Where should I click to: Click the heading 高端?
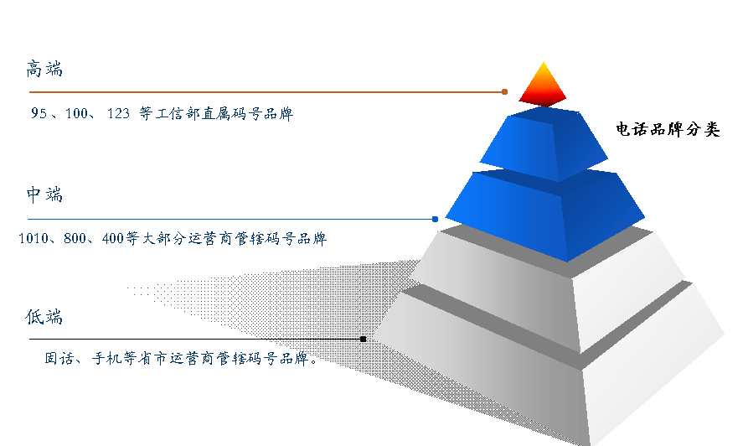pyautogui.click(x=44, y=69)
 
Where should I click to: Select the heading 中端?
pyautogui.click(x=44, y=194)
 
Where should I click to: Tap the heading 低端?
pyautogui.click(x=44, y=316)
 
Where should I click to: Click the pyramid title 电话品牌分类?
pyautogui.click(x=668, y=129)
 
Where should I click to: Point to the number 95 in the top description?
pyautogui.click(x=39, y=113)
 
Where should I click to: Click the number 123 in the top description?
pyautogui.click(x=118, y=113)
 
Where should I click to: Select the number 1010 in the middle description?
pyautogui.click(x=34, y=238)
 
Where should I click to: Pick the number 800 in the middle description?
pyautogui.click(x=75, y=238)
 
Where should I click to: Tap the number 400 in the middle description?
pyautogui.click(x=113, y=238)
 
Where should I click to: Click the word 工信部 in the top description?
pyautogui.click(x=178, y=114)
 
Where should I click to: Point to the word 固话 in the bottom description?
pyautogui.click(x=59, y=358)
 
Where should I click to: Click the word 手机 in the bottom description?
pyautogui.click(x=107, y=358)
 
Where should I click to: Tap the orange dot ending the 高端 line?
pyautogui.click(x=505, y=91)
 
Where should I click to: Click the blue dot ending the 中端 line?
pyautogui.click(x=435, y=219)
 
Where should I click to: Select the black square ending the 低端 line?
pyautogui.click(x=363, y=339)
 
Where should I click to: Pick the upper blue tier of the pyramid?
pyautogui.click(x=544, y=143)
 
